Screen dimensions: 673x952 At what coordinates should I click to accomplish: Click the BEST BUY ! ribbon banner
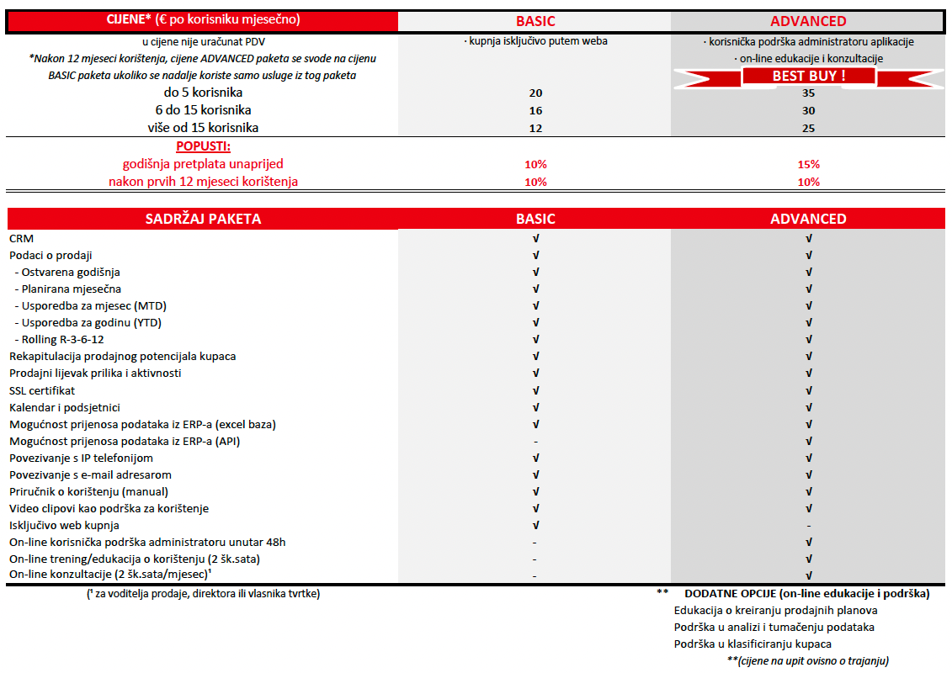(x=808, y=76)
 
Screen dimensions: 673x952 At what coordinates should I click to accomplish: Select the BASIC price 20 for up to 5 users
(x=535, y=93)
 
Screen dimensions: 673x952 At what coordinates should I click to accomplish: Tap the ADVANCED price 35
(x=808, y=93)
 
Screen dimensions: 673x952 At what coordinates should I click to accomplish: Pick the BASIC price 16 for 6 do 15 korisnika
(x=535, y=110)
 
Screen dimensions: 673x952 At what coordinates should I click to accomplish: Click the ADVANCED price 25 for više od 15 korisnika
(x=808, y=128)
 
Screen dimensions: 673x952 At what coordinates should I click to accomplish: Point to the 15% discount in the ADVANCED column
(x=808, y=164)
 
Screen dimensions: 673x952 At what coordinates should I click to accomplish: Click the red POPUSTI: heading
(x=203, y=146)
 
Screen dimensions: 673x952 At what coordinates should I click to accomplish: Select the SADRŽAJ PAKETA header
(x=203, y=219)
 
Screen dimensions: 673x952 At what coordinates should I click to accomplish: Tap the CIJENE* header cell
(x=203, y=19)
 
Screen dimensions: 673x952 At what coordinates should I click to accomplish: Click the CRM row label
(x=21, y=238)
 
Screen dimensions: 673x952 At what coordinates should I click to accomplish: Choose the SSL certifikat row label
(x=42, y=390)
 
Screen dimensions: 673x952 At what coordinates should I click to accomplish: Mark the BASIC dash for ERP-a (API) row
(x=535, y=441)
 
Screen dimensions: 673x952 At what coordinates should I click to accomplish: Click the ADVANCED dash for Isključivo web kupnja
(x=808, y=525)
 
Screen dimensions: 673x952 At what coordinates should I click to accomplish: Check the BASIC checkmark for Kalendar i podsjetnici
(x=535, y=407)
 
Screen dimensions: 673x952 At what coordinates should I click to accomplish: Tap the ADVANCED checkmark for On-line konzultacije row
(x=808, y=575)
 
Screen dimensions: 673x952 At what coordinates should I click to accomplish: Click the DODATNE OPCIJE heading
(x=806, y=593)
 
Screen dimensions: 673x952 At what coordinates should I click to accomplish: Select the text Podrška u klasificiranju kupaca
(x=753, y=644)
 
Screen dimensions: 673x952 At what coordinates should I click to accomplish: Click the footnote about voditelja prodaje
(x=203, y=593)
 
